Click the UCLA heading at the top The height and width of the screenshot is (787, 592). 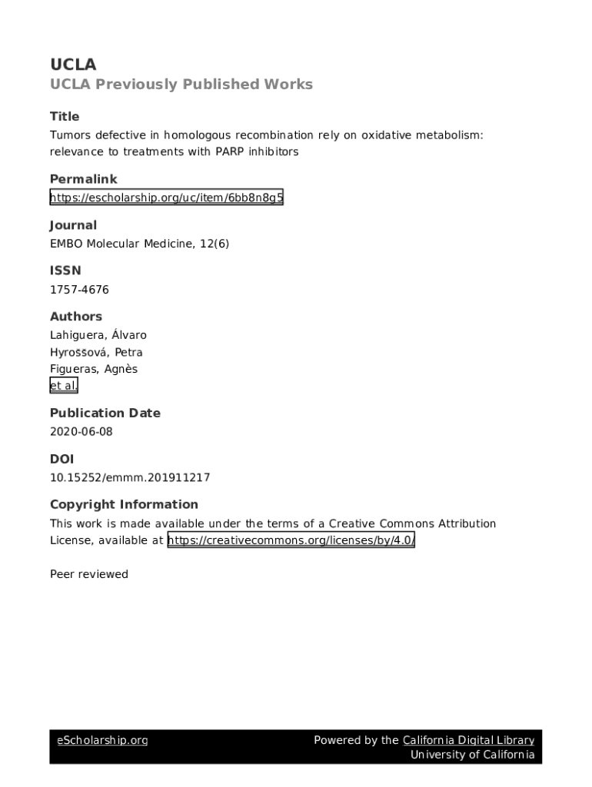click(x=73, y=65)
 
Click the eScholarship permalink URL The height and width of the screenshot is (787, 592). click(x=167, y=198)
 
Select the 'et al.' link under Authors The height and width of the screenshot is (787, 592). click(x=64, y=386)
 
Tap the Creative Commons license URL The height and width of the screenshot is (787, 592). click(x=291, y=540)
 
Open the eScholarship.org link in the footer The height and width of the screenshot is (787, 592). click(x=102, y=740)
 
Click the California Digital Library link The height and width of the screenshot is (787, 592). click(x=468, y=740)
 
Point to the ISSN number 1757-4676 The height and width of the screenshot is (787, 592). click(x=79, y=290)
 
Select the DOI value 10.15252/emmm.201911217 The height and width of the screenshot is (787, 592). click(x=130, y=477)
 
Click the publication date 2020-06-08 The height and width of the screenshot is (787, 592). click(x=81, y=431)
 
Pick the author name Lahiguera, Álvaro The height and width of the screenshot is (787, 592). click(x=98, y=335)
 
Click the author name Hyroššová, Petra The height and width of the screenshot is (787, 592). click(x=96, y=352)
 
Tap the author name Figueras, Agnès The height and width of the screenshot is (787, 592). click(x=94, y=369)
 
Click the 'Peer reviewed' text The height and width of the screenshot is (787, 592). click(x=89, y=574)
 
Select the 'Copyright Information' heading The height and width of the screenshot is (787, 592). click(x=124, y=504)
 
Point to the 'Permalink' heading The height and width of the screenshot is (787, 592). click(x=84, y=179)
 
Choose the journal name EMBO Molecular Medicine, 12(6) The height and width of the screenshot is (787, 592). click(x=140, y=244)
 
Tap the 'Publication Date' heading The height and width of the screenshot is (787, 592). click(x=105, y=413)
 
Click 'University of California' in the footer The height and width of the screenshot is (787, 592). click(x=472, y=755)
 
